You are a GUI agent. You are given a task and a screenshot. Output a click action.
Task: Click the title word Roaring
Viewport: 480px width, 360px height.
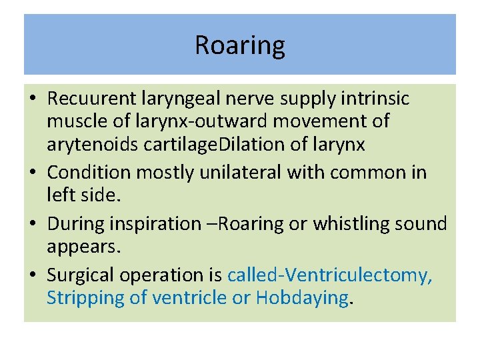tap(239, 45)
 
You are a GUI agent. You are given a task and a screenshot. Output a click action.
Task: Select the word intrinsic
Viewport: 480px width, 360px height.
tap(385, 99)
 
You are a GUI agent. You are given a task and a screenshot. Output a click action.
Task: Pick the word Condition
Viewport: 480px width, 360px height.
tap(89, 172)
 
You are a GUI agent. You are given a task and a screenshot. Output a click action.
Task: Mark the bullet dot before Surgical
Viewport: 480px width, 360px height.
tap(32, 275)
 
